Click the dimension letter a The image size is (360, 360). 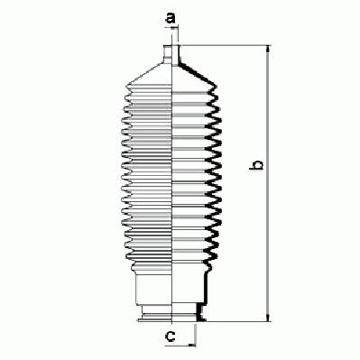(171, 18)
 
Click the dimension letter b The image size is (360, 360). (257, 165)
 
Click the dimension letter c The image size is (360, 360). (171, 336)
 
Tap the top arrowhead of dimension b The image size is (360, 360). (268, 51)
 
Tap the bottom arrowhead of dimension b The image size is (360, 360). (268, 317)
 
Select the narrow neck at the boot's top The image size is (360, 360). (171, 54)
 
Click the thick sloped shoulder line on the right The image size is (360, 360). (198, 74)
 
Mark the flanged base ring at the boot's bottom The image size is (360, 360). (171, 315)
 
